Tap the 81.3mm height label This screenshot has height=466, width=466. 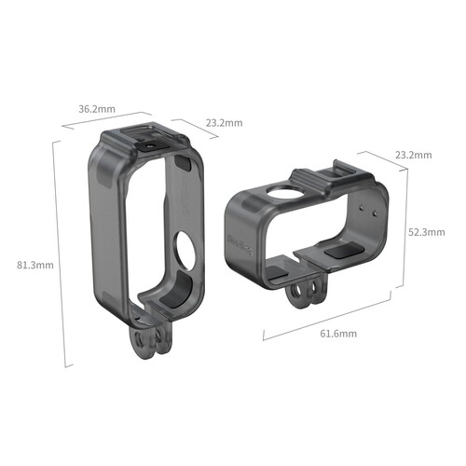(x=35, y=265)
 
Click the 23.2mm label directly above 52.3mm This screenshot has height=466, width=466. (x=413, y=154)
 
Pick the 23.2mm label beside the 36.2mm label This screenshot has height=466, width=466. (x=224, y=122)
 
